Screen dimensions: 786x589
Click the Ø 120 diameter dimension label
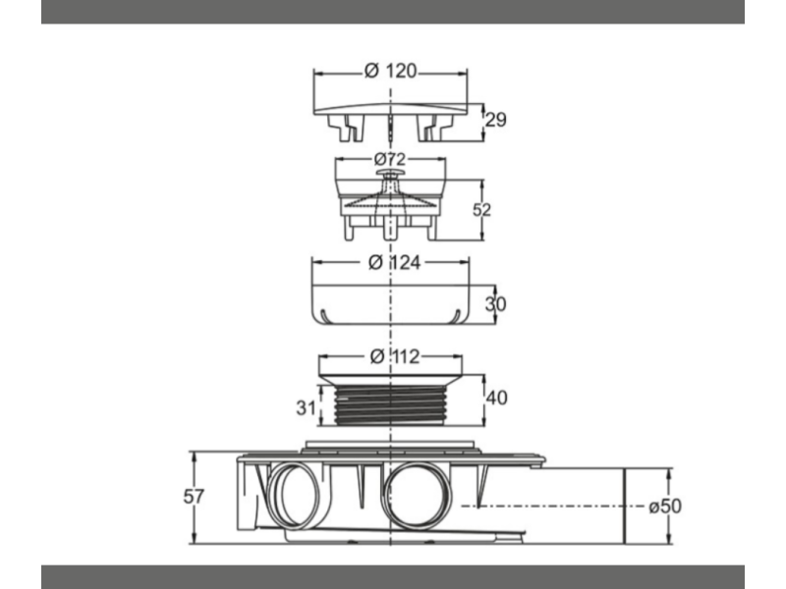(390, 71)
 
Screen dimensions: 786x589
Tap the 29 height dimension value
(496, 120)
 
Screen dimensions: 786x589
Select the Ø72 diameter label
(390, 159)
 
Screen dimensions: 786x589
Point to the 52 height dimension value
(481, 210)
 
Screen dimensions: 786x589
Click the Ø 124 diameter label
(395, 262)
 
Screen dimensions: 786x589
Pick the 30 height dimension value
(496, 304)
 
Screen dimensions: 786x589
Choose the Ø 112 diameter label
(395, 356)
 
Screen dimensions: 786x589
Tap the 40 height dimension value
(497, 398)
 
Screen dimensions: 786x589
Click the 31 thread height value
(306, 407)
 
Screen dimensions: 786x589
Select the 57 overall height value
(194, 497)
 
